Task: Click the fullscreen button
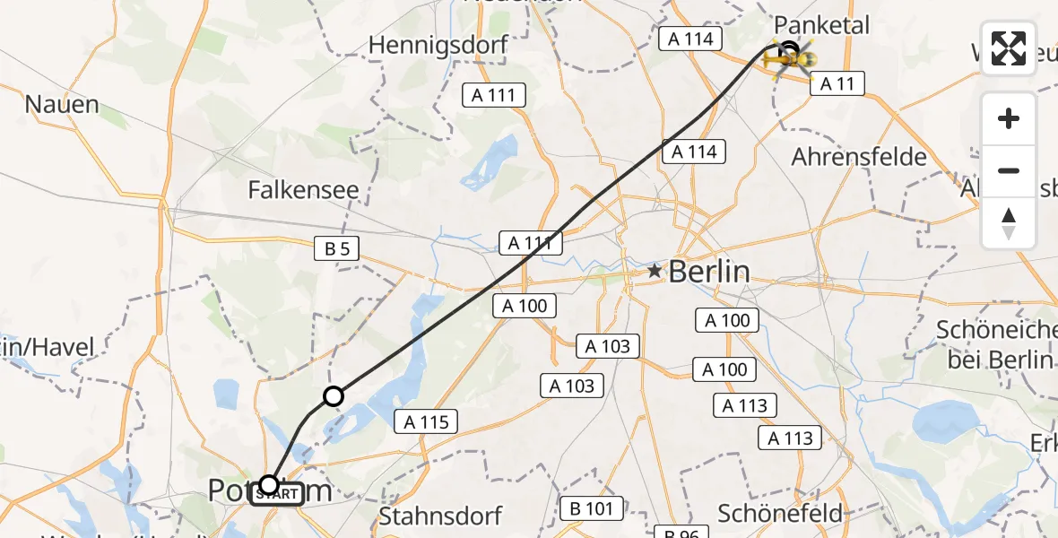(x=1009, y=48)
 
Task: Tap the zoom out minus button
(x=1009, y=170)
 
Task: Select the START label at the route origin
(x=277, y=494)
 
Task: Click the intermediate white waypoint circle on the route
(x=334, y=395)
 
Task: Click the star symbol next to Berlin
(x=655, y=270)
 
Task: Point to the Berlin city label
(x=708, y=271)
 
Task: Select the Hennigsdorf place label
(x=438, y=45)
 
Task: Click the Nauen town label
(x=62, y=104)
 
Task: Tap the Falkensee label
(x=304, y=189)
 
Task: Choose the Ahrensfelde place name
(x=859, y=157)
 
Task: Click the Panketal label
(x=822, y=25)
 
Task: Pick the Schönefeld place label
(x=780, y=513)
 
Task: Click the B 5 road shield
(x=337, y=249)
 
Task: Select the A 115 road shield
(x=426, y=421)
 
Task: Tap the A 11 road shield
(x=837, y=84)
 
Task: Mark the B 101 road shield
(x=587, y=509)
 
